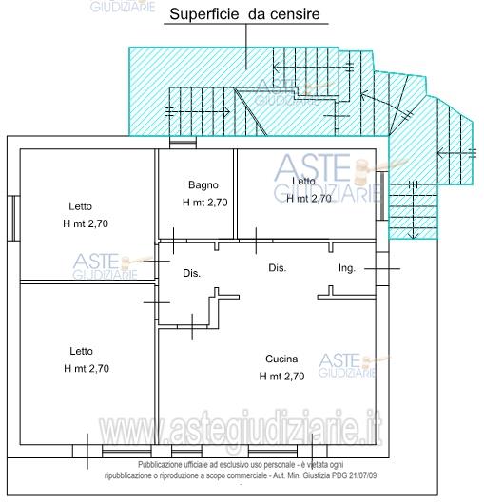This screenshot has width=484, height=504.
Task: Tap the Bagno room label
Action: (x=203, y=184)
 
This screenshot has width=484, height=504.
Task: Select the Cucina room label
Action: (x=282, y=359)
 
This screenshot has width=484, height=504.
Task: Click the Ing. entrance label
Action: (x=347, y=269)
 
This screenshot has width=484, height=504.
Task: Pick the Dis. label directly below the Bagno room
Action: (x=191, y=274)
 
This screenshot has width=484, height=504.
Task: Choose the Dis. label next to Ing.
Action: (x=277, y=268)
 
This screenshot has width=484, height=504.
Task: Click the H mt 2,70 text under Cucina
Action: (x=282, y=377)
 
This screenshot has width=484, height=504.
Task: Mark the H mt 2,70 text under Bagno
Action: (x=204, y=202)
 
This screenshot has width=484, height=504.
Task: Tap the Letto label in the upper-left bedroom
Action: (x=81, y=206)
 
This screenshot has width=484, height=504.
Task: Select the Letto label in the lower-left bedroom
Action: (x=81, y=350)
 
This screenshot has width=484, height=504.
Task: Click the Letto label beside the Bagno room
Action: (x=304, y=182)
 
